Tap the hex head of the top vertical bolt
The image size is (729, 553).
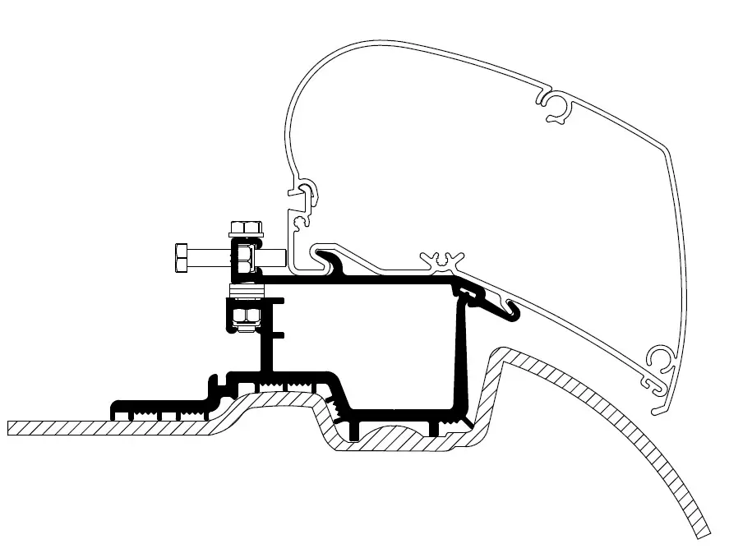245,227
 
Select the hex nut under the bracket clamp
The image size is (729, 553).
243,316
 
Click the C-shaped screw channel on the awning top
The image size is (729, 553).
557,105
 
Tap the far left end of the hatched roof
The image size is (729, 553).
12,427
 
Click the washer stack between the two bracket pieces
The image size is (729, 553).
246,288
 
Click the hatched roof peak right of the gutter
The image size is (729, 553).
503,355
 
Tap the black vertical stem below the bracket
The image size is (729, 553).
267,345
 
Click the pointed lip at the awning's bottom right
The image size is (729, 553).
657,409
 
